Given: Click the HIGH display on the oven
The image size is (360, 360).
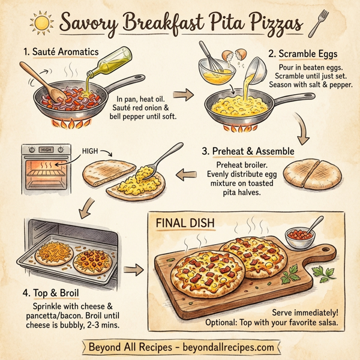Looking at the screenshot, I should [x=46, y=149].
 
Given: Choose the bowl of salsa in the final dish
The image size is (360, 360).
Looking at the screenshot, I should [x=300, y=235].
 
